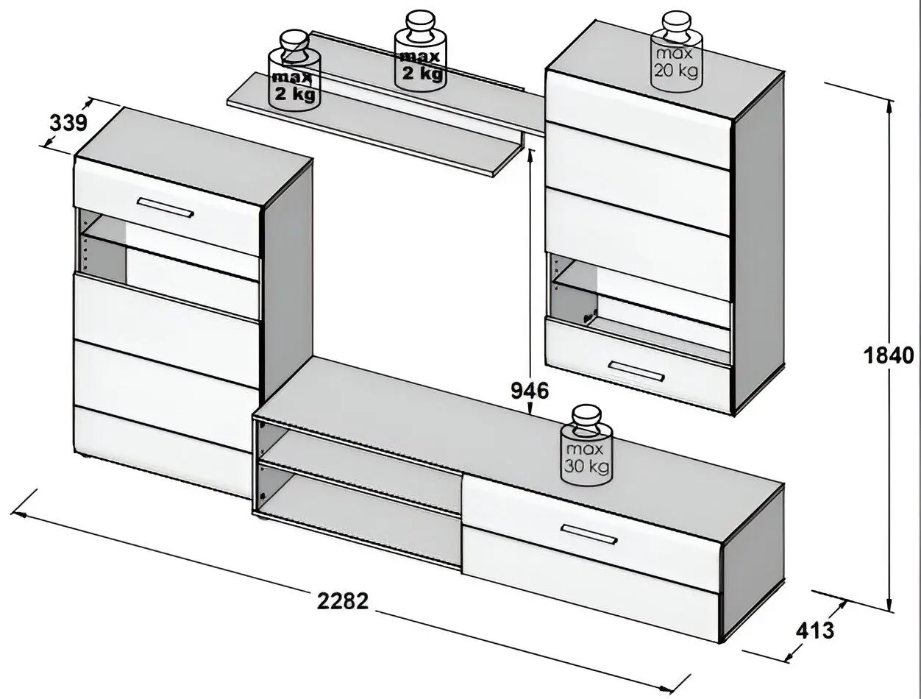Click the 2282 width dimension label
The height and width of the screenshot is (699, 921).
[342, 601]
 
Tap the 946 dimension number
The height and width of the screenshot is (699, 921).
[530, 391]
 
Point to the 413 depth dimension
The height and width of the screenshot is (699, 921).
[815, 630]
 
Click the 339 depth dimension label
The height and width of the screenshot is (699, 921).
[68, 123]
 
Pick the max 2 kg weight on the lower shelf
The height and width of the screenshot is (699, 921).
[294, 71]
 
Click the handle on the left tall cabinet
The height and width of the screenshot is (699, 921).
[166, 207]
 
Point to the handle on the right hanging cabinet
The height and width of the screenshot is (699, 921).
[636, 371]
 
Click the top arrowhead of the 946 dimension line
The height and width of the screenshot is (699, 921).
[531, 151]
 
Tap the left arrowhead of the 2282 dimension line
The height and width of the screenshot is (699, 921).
[15, 514]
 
